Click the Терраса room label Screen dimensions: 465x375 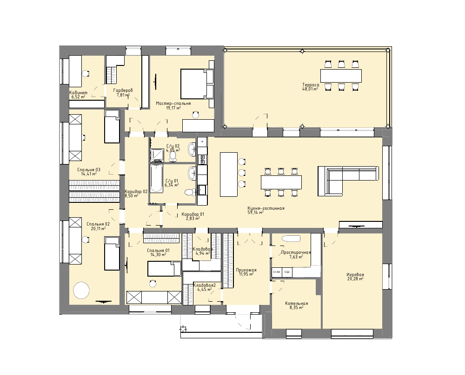coord(311,84)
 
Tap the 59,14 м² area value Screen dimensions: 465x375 coord(255,212)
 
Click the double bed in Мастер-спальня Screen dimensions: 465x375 coord(197,84)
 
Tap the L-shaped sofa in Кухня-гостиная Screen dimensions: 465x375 coord(348,181)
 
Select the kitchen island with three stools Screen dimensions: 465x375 coord(229,175)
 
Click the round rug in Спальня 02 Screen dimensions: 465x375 coord(81,291)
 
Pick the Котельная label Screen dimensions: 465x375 coord(296,304)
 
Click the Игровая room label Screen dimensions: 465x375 coord(355,275)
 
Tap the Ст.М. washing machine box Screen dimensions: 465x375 coord(277,272)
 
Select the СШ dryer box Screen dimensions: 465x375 coord(287,272)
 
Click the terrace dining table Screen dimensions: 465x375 coord(341,76)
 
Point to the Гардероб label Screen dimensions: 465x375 coord(123,91)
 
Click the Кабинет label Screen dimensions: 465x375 coord(78,93)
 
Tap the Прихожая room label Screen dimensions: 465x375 coord(246,270)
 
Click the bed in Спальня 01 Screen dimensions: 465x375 coord(164,269)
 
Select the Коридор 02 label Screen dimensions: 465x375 coord(136,192)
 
